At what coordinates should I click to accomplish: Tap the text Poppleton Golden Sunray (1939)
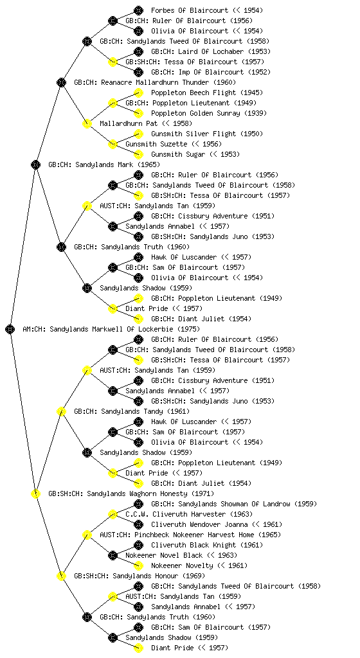click(x=208, y=113)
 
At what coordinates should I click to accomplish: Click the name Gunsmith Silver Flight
click(x=194, y=134)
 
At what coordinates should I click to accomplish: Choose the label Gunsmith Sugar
click(x=178, y=154)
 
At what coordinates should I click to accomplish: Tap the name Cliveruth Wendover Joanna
click(x=199, y=524)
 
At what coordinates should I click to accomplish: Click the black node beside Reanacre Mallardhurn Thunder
click(x=61, y=82)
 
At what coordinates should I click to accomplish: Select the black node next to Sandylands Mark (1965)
click(x=35, y=164)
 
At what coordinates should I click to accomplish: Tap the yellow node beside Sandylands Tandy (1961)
click(x=61, y=411)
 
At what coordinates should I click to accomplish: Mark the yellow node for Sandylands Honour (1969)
click(x=61, y=576)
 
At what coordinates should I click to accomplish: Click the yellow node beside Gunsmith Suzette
click(x=113, y=144)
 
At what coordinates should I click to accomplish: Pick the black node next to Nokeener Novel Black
click(x=113, y=555)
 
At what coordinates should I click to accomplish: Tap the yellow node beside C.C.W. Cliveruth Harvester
click(x=113, y=514)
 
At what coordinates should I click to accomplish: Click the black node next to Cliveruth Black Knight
click(x=138, y=545)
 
